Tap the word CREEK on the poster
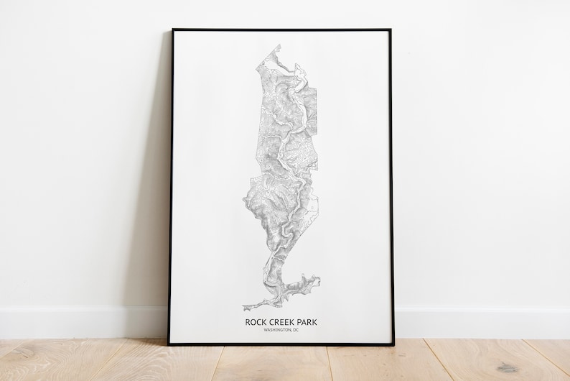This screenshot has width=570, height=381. click(281, 322)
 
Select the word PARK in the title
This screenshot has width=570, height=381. click(306, 322)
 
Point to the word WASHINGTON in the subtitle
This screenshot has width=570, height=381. click(276, 330)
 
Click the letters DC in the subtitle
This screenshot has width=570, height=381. click(294, 330)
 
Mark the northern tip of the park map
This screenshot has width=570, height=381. click(278, 45)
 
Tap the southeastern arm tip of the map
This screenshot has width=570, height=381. click(317, 277)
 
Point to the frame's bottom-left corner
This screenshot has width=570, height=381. click(169, 344)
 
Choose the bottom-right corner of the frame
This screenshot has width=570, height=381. click(393, 344)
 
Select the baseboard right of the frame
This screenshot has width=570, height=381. click(481, 322)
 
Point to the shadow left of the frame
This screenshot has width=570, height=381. click(154, 216)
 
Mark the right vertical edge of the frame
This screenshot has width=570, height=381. click(391, 187)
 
